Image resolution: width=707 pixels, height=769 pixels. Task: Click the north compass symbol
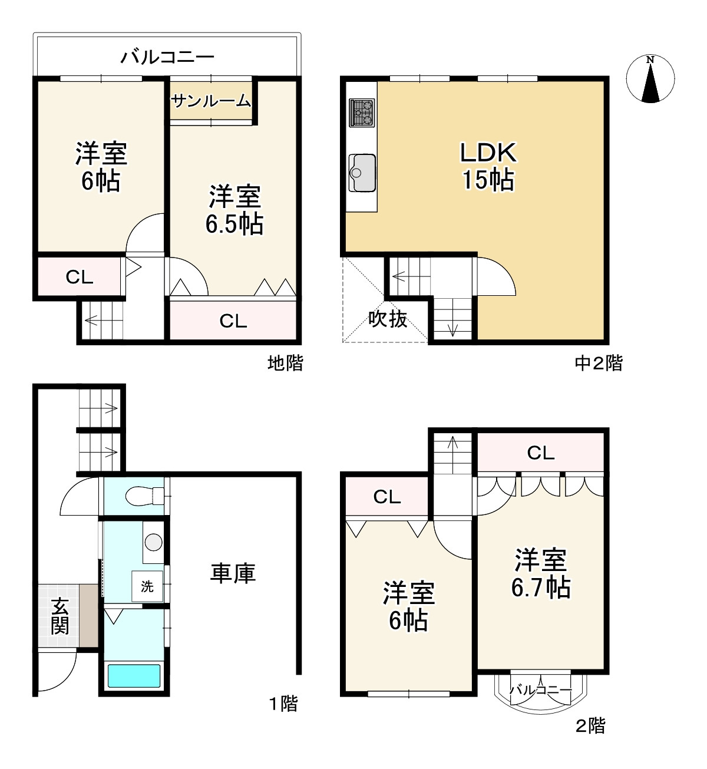click(650, 79)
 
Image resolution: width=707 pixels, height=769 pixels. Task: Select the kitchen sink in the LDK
click(362, 172)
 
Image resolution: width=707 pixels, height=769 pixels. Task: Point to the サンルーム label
click(211, 101)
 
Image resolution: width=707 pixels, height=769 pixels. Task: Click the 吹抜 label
click(388, 319)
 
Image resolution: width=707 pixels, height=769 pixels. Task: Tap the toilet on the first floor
click(143, 495)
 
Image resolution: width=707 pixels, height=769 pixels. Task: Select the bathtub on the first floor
click(134, 675)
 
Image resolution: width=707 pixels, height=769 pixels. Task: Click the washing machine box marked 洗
click(147, 586)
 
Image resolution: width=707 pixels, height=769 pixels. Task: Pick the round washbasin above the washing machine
click(154, 541)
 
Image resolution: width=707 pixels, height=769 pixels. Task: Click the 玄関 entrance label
click(60, 616)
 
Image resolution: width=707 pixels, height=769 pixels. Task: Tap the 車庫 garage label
click(233, 573)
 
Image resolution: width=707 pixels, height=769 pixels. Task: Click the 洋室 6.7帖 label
click(540, 573)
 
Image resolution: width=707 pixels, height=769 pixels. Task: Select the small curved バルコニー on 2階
click(540, 691)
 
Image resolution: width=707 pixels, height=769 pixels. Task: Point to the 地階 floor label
click(285, 363)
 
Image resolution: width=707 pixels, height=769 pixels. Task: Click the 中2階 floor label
click(598, 363)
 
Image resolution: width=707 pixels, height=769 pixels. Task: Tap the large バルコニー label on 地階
click(167, 57)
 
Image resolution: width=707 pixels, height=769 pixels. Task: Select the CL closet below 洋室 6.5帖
click(233, 321)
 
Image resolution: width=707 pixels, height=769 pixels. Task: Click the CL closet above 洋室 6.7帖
click(540, 453)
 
